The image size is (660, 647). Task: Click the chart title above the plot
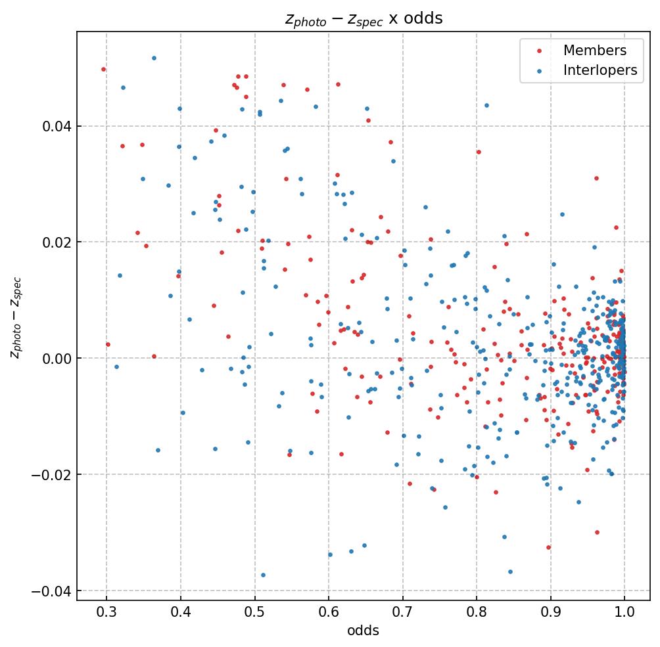click(x=364, y=18)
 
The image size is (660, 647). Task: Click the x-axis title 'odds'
click(x=364, y=631)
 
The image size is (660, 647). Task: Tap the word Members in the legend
click(x=594, y=51)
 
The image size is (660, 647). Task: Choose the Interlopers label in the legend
click(x=600, y=71)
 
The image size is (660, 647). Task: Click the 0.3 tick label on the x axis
click(x=106, y=612)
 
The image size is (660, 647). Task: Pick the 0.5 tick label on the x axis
click(x=254, y=612)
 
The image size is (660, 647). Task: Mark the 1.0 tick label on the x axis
click(x=625, y=612)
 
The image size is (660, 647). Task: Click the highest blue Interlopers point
click(x=154, y=58)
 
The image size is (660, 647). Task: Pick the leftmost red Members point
click(x=103, y=69)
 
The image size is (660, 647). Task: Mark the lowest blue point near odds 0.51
click(x=263, y=575)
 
